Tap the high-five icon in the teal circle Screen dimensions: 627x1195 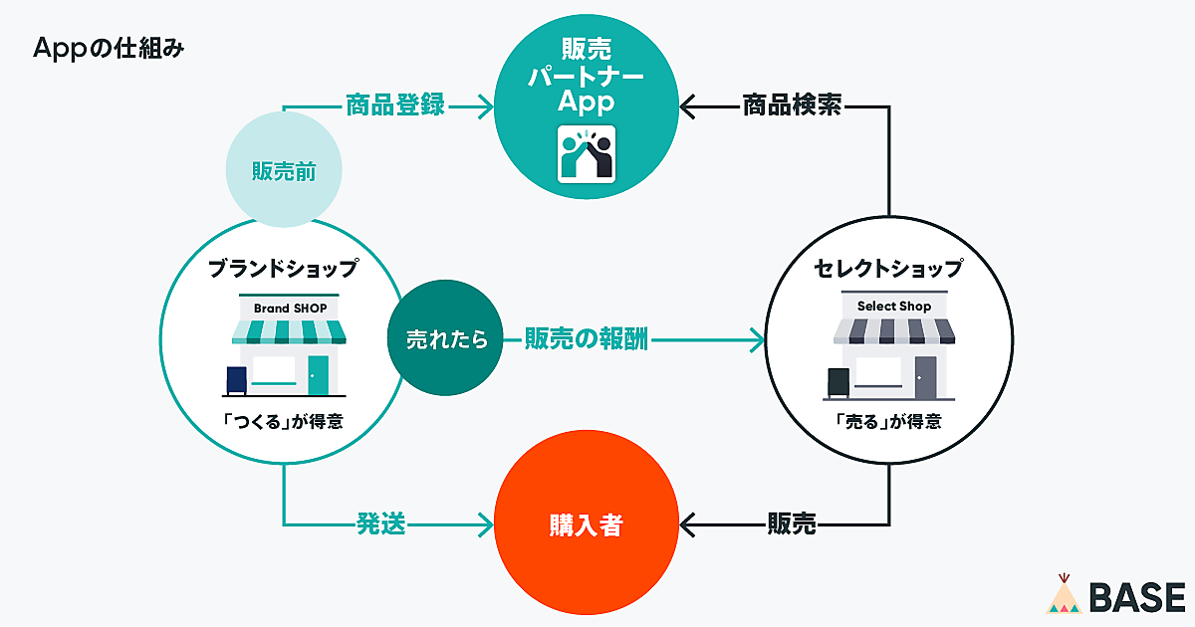click(x=586, y=155)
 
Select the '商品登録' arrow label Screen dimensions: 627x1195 click(x=394, y=104)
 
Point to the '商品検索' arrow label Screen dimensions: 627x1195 click(x=793, y=104)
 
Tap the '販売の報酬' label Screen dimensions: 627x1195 click(x=587, y=339)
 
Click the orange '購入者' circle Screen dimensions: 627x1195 click(x=586, y=524)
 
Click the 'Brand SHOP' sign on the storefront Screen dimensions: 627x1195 click(x=290, y=309)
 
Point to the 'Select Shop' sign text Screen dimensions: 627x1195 click(x=893, y=307)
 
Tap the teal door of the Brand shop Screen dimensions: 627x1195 click(x=318, y=374)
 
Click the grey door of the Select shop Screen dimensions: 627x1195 click(x=925, y=376)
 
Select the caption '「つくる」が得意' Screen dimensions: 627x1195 click(x=284, y=421)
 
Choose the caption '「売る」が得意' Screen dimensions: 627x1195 click(x=888, y=421)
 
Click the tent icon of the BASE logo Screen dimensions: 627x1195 click(x=1065, y=594)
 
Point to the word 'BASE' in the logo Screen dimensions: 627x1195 click(x=1136, y=597)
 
